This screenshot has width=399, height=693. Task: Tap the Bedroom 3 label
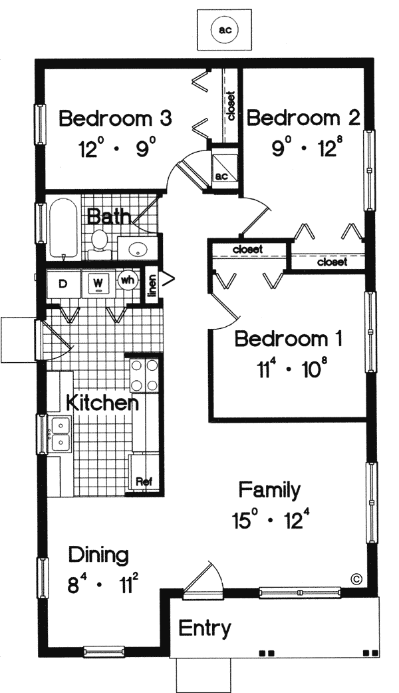pos(115,119)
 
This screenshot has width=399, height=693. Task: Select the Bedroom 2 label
pos(304,118)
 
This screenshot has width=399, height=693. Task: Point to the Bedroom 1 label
pos(289,339)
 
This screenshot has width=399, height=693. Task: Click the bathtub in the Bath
pos(64,228)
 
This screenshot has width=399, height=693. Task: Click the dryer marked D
pos(63,284)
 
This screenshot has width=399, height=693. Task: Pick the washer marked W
pos(98,284)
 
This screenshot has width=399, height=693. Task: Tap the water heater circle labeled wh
pos(128,280)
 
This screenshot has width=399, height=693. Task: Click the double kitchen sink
pos(60,435)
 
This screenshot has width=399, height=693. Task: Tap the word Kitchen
pos(102,402)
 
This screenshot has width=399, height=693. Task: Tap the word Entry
pos(204,628)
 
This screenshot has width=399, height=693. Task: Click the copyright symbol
pos(356,578)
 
